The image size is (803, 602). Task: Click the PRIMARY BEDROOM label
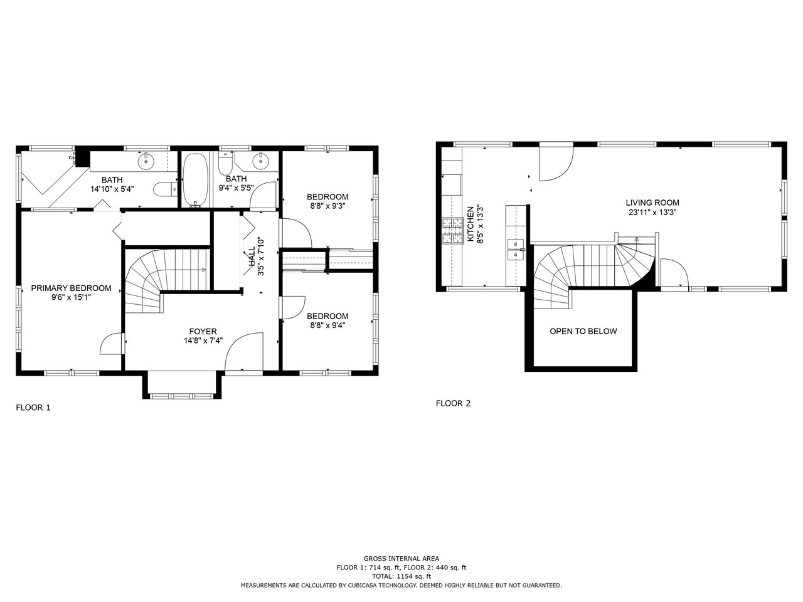click(71, 288)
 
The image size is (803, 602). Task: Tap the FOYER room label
click(203, 331)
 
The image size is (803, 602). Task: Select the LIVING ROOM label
click(652, 203)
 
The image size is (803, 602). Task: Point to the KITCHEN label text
click(471, 224)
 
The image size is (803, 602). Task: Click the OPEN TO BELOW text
click(583, 331)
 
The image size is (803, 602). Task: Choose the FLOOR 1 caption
click(33, 408)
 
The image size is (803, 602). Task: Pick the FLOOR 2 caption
click(453, 403)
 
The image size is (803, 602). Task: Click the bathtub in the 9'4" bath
click(195, 179)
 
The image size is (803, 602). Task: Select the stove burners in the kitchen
click(453, 231)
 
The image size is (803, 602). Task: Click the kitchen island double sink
click(516, 250)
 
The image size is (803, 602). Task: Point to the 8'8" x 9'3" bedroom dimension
click(327, 206)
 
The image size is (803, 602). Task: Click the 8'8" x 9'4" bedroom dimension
click(327, 325)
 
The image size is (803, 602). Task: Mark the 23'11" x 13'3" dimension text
click(652, 213)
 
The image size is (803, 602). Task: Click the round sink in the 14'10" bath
click(146, 161)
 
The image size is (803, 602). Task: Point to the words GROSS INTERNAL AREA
click(401, 558)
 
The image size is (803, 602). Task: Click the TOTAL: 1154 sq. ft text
click(401, 576)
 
